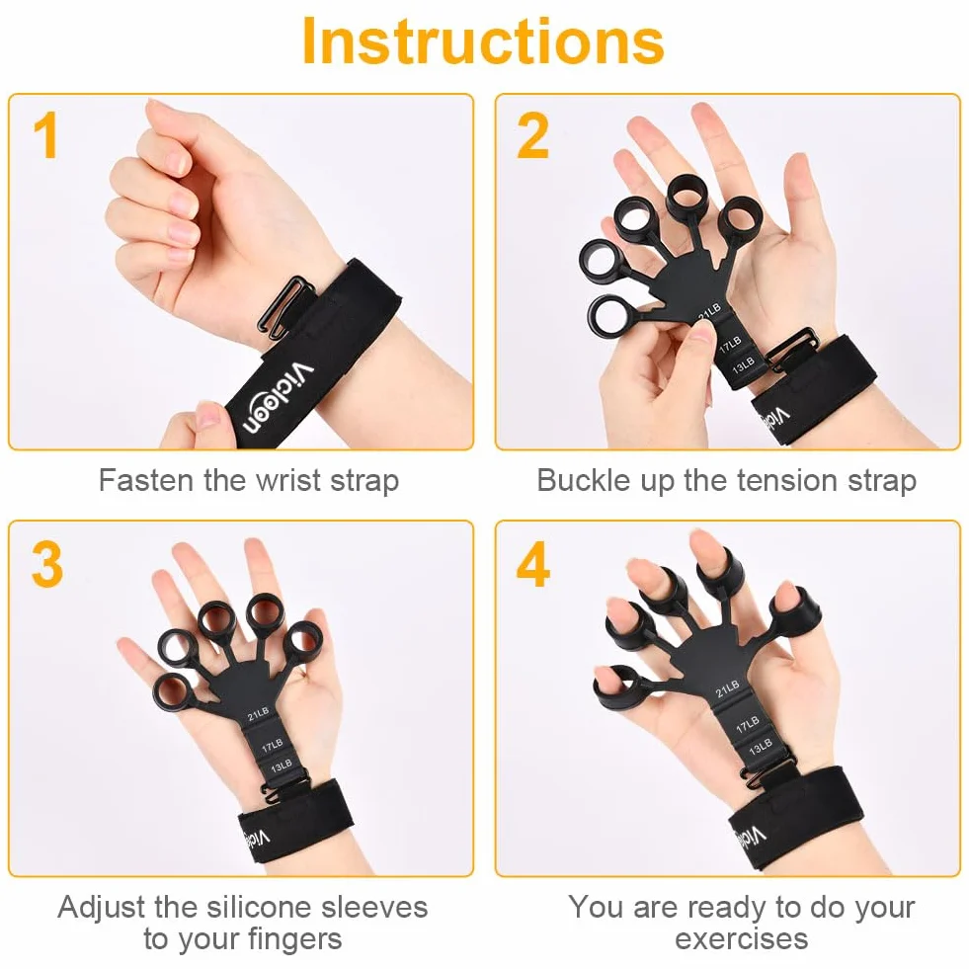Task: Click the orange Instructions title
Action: (483, 41)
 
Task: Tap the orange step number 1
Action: (45, 135)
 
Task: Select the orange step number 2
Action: (532, 135)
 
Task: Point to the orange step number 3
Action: (47, 564)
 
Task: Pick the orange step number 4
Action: (532, 564)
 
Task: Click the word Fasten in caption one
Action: (146, 480)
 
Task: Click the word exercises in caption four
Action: (742, 938)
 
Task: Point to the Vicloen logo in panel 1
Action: (279, 398)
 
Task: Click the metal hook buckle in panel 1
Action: (285, 307)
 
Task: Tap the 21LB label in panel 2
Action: (709, 312)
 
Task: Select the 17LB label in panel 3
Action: (272, 746)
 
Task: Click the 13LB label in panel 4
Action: (761, 747)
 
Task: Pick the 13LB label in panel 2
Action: (743, 365)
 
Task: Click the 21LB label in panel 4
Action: (727, 689)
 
